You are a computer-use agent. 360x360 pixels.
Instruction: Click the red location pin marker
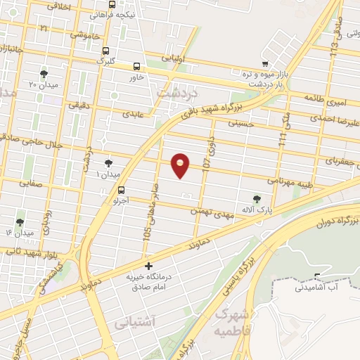[x=181, y=165]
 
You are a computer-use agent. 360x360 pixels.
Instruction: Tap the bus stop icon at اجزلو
[x=122, y=190]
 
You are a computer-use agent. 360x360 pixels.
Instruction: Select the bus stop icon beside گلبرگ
[x=105, y=51]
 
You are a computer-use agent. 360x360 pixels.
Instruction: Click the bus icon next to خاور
[x=136, y=67]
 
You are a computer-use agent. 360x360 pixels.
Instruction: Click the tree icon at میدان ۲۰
[x=44, y=73]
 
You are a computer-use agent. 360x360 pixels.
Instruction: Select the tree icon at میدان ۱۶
[x=20, y=222]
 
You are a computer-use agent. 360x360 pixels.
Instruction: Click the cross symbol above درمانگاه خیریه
[x=148, y=266]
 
